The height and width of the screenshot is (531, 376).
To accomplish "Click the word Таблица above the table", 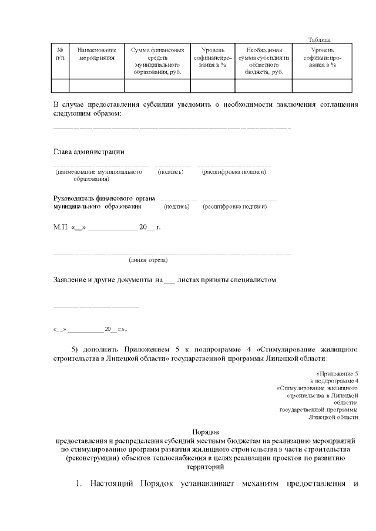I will (x=320, y=39).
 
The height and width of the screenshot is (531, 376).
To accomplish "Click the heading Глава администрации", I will (x=89, y=152).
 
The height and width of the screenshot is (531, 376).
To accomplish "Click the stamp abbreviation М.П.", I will (x=61, y=226).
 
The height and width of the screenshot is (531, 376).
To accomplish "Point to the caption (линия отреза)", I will (x=148, y=259).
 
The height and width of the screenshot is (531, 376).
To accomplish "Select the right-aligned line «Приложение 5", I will (x=337, y=374).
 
